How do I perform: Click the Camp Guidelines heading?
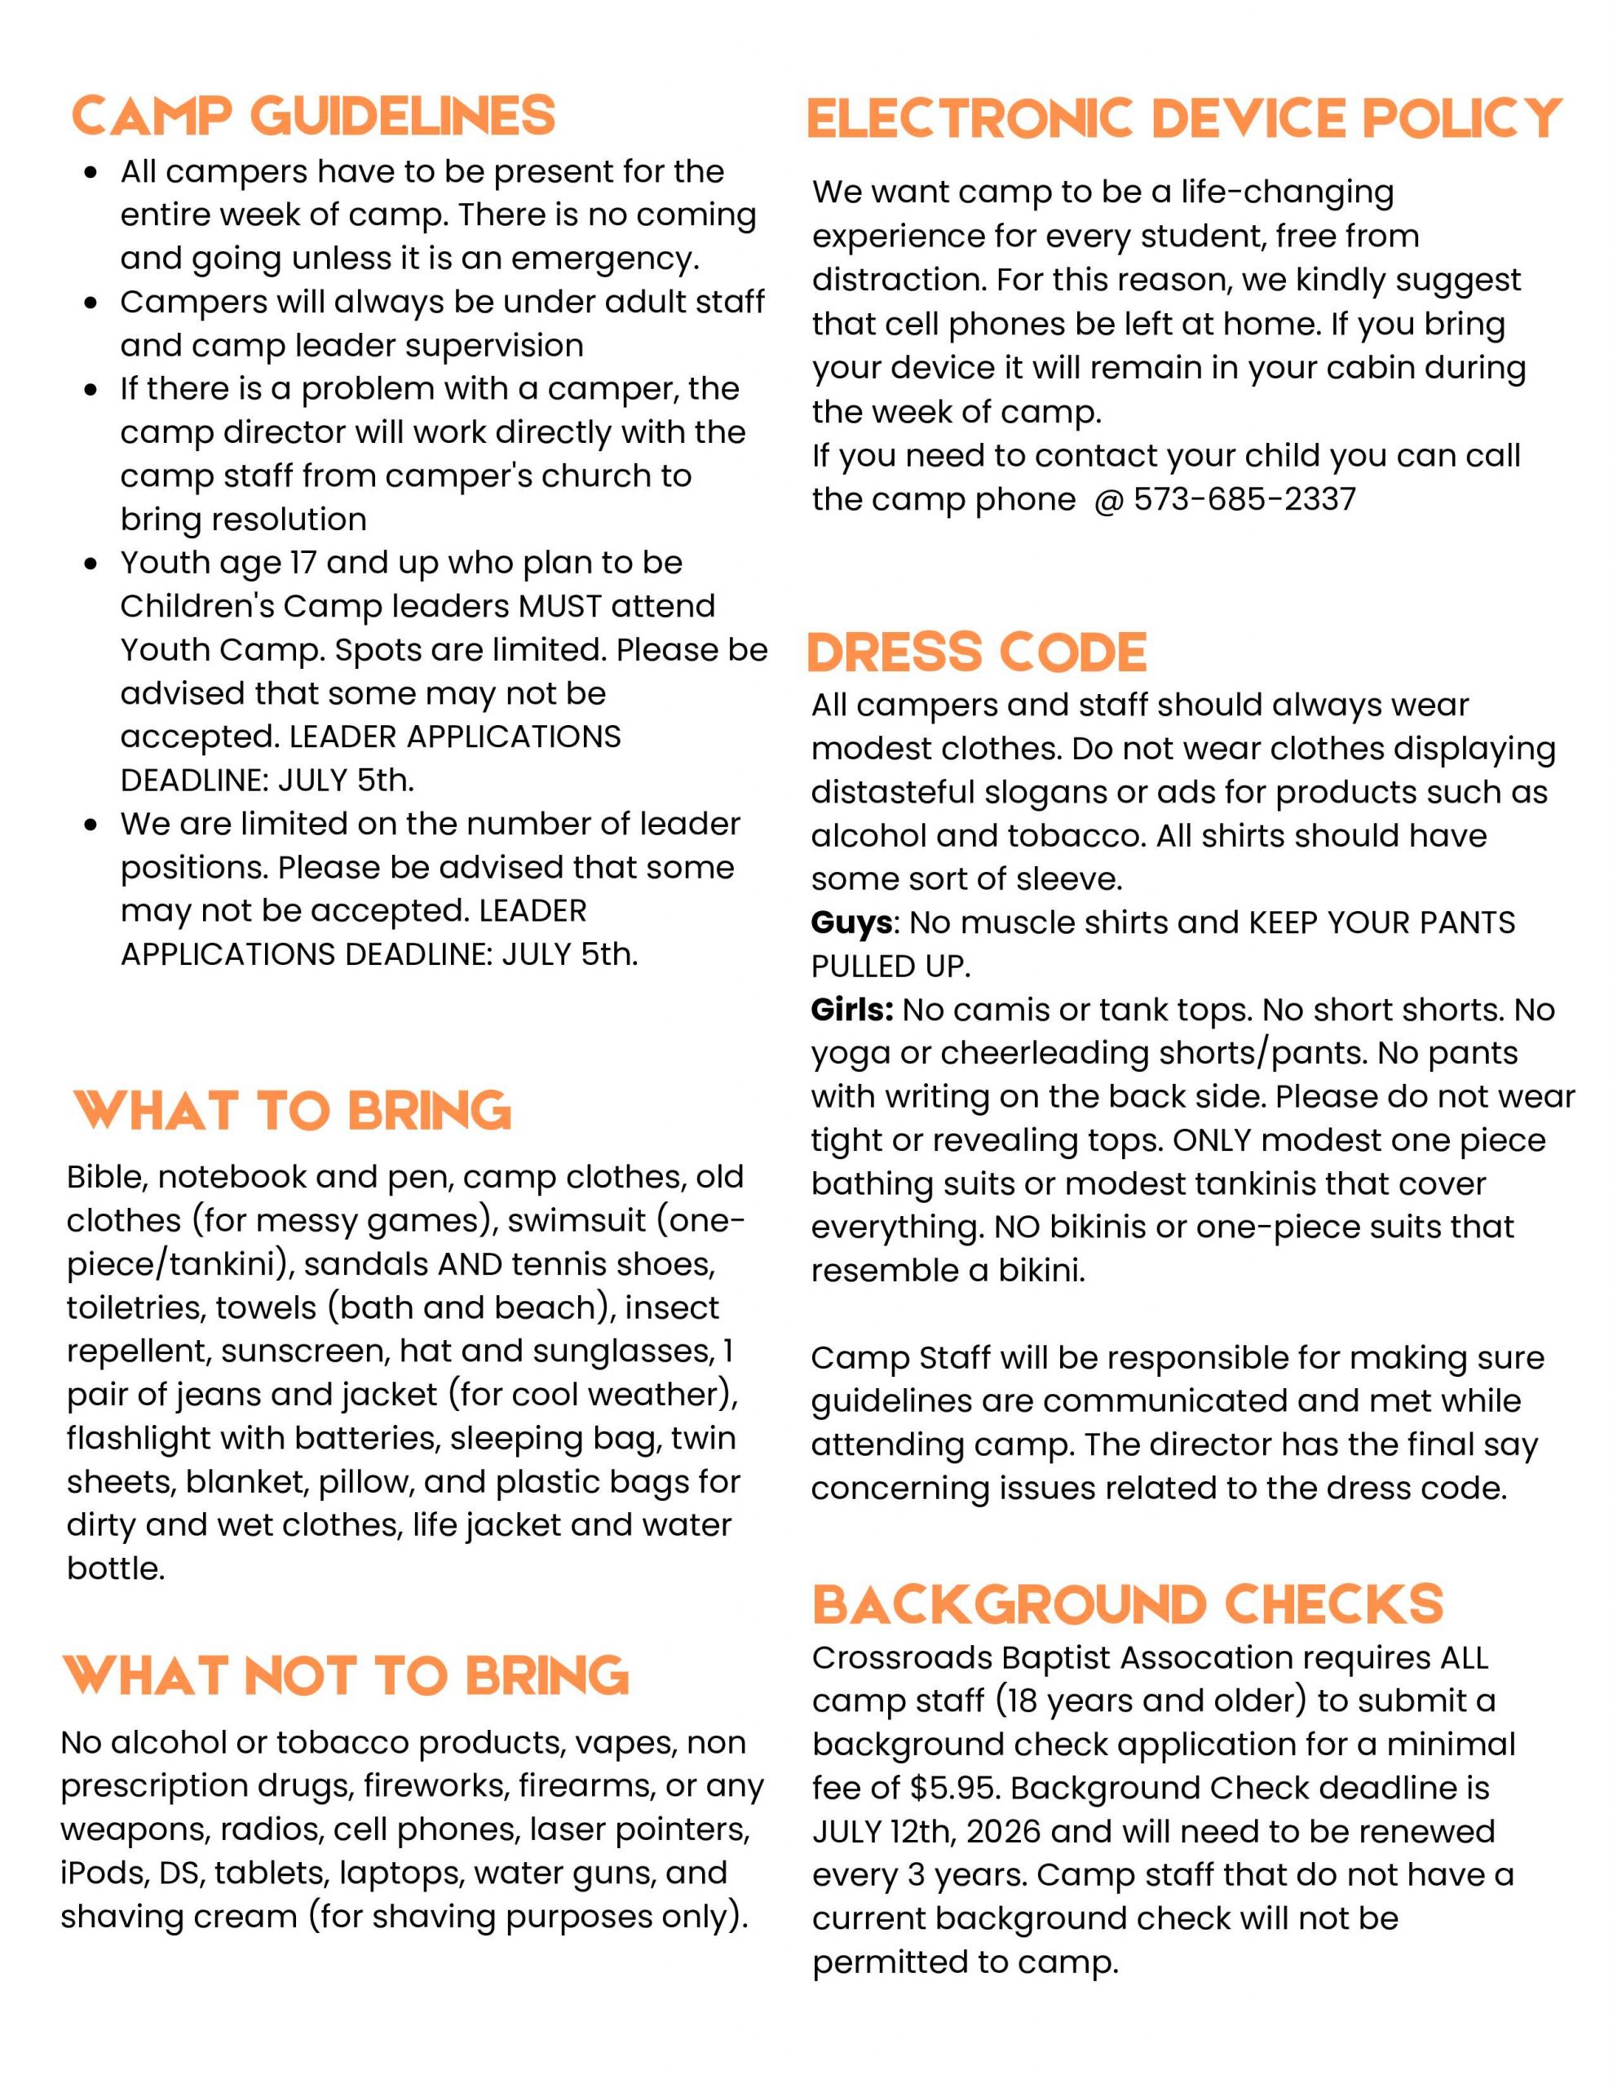(x=312, y=117)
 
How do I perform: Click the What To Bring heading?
(x=293, y=1111)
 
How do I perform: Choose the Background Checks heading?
(x=1127, y=1604)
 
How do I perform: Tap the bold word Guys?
(x=853, y=922)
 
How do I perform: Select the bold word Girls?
(x=852, y=1010)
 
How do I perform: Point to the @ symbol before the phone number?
(x=1108, y=500)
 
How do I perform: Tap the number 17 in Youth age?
(x=303, y=563)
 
